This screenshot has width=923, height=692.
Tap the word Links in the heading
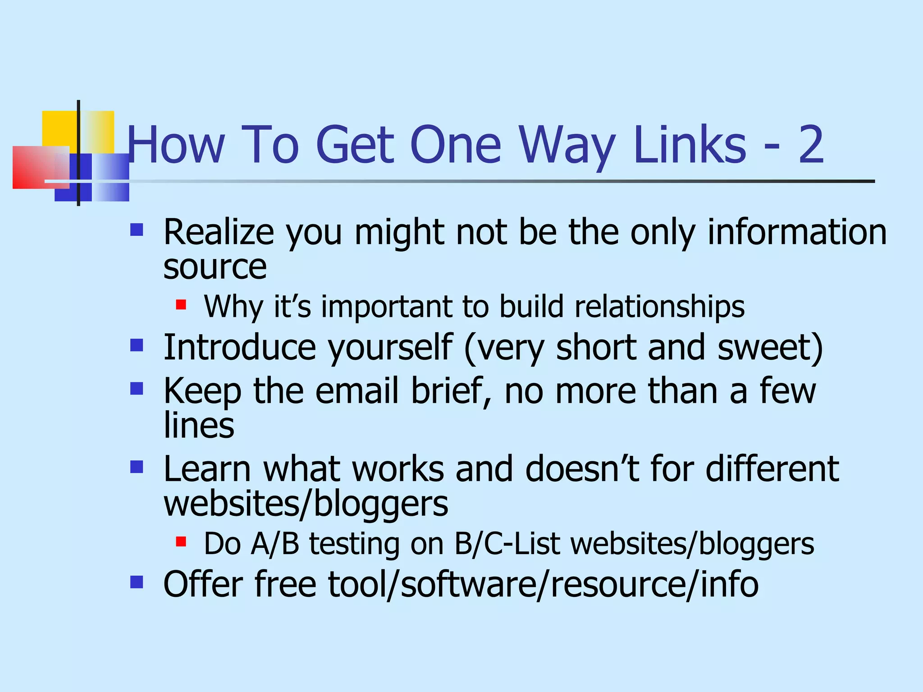690,144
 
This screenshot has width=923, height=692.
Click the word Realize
219,232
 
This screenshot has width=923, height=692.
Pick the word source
215,267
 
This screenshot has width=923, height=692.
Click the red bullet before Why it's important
181,305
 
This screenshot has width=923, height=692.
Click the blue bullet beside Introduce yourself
137,346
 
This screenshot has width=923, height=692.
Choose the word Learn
207,469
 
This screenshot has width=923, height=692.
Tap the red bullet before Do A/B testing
181,541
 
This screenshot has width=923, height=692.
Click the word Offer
203,584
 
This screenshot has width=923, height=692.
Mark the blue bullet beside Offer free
137,582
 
